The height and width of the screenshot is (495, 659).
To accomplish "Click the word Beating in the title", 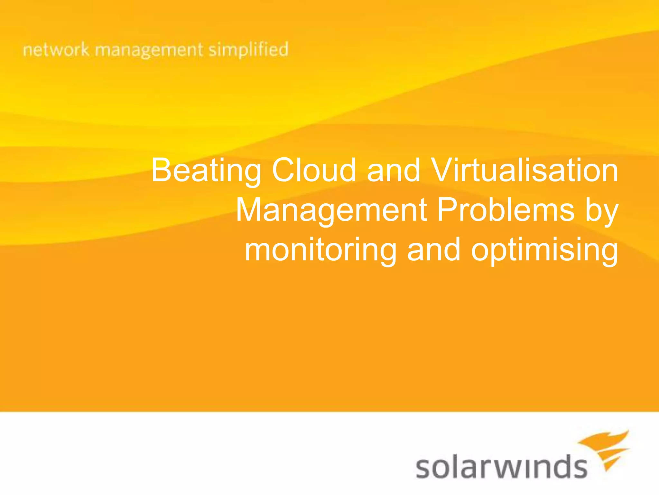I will click(206, 171).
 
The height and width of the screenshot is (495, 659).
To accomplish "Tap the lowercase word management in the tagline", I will click(149, 51).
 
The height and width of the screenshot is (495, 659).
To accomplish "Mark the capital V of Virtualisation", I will click(443, 170).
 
